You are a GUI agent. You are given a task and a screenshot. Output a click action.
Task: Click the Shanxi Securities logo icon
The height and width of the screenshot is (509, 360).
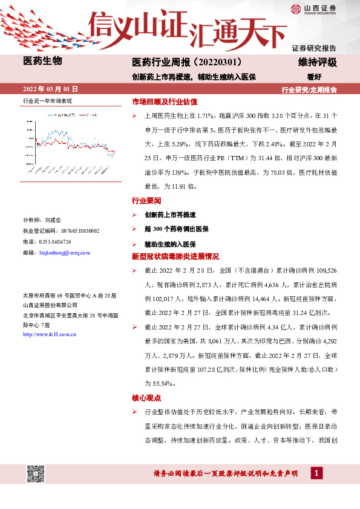click(295, 8)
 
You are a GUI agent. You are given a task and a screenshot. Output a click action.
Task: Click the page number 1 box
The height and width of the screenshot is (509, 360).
click(316, 473)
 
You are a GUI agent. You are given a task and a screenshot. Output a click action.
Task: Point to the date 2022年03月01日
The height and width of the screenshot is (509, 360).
click(50, 89)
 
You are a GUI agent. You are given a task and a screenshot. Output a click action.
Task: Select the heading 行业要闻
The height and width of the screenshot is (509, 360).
click(146, 200)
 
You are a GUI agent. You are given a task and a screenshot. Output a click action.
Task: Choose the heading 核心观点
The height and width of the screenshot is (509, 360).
click(146, 398)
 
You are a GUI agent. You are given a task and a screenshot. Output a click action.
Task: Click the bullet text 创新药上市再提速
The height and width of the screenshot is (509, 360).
click(169, 215)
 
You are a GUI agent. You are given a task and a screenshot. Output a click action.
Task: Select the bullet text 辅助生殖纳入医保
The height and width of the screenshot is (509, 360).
click(169, 244)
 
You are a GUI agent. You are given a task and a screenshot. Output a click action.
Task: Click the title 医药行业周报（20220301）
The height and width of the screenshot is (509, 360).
click(187, 63)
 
